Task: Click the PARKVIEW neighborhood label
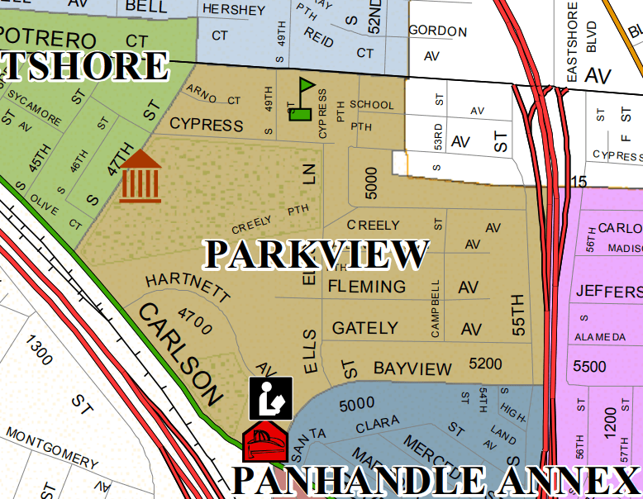pyautogui.click(x=317, y=254)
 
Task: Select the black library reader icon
pyautogui.click(x=271, y=397)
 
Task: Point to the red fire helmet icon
pyautogui.click(x=264, y=444)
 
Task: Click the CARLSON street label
pyautogui.click(x=180, y=353)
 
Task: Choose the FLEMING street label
pyautogui.click(x=367, y=287)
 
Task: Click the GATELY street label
pyautogui.click(x=364, y=328)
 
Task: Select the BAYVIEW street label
pyautogui.click(x=413, y=368)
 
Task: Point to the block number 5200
pyautogui.click(x=485, y=364)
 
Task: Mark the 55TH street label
pyautogui.click(x=519, y=314)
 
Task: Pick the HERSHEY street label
pyautogui.click(x=234, y=11)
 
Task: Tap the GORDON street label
pyautogui.click(x=438, y=31)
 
